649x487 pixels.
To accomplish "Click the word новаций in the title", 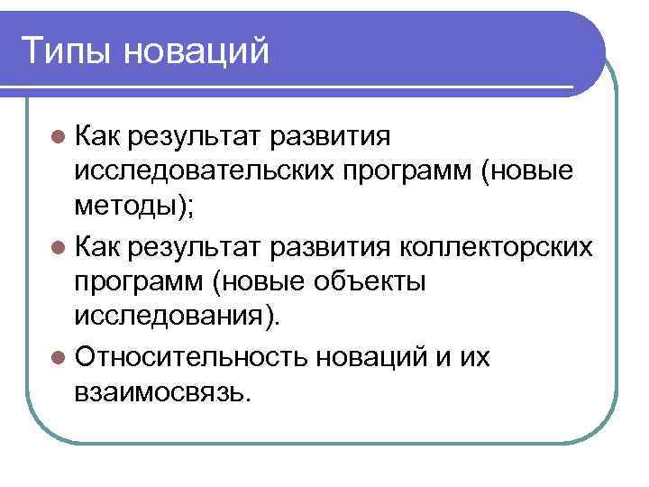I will coord(197,50).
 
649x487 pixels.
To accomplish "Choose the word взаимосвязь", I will coord(159,392).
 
